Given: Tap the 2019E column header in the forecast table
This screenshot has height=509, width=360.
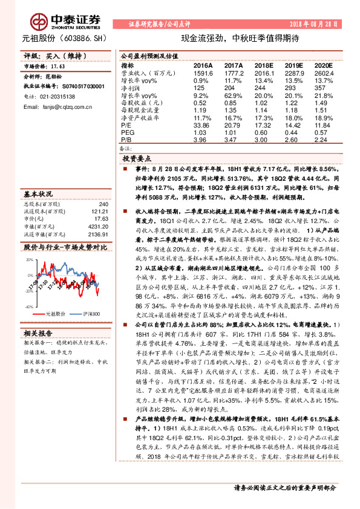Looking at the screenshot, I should click(293, 65).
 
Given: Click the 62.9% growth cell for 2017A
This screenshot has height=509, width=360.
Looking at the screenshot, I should click(233, 96).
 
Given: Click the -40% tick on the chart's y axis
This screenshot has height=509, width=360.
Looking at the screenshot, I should click(29, 307).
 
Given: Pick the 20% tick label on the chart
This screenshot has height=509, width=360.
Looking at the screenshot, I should click(30, 259).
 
